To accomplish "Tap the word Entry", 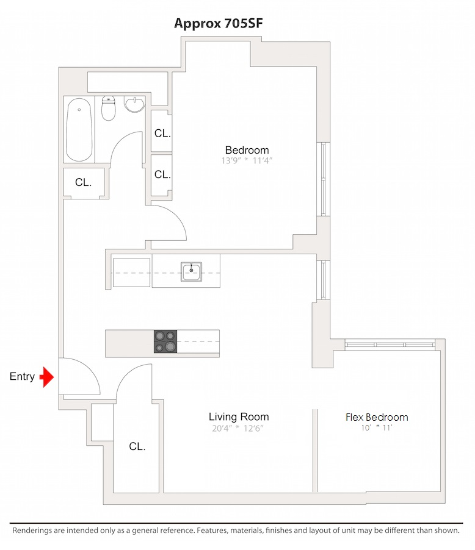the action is pyautogui.click(x=22, y=377).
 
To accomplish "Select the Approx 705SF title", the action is pyautogui.click(x=219, y=23).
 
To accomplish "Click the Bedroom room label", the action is pyautogui.click(x=247, y=151).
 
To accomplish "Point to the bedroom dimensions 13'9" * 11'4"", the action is pyautogui.click(x=247, y=162).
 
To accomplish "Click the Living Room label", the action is pyautogui.click(x=239, y=417).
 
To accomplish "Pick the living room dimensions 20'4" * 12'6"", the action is pyautogui.click(x=239, y=428).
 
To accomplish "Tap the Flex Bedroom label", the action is pyautogui.click(x=377, y=418).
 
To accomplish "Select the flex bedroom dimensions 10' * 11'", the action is pyautogui.click(x=377, y=428).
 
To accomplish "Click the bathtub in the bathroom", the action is pyautogui.click(x=79, y=130).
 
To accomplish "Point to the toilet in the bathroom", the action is pyautogui.click(x=109, y=108).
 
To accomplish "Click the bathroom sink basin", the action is pyautogui.click(x=134, y=104).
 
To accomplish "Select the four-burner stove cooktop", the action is pyautogui.click(x=165, y=341).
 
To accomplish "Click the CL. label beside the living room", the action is pyautogui.click(x=137, y=447).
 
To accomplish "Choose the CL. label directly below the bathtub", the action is pyautogui.click(x=84, y=182).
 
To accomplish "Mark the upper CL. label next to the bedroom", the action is pyautogui.click(x=162, y=134).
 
